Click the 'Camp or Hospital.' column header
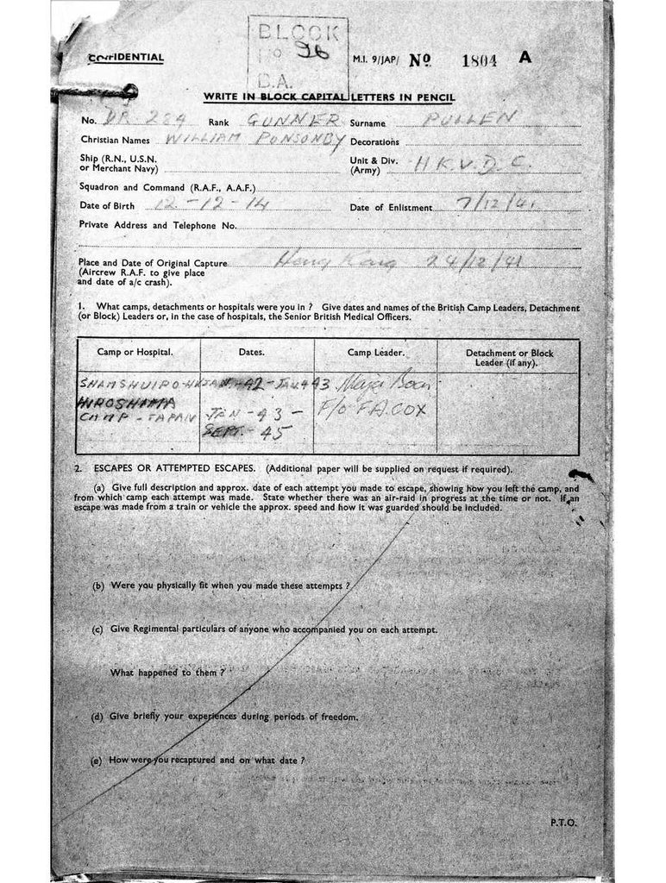tap(140, 353)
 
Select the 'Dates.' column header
tap(251, 353)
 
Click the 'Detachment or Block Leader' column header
tap(509, 357)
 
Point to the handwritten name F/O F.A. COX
tap(385, 410)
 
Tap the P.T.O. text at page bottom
tap(563, 823)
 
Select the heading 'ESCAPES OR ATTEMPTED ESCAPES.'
tap(169, 469)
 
